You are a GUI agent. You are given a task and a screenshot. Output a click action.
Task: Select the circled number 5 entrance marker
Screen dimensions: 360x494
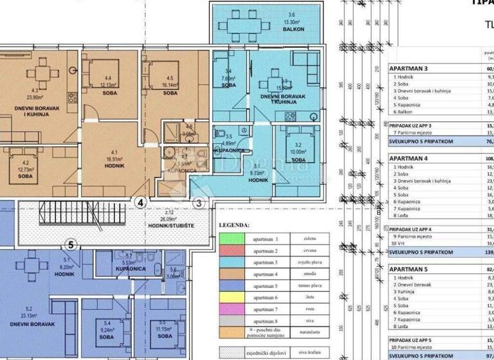click(x=72, y=244)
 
